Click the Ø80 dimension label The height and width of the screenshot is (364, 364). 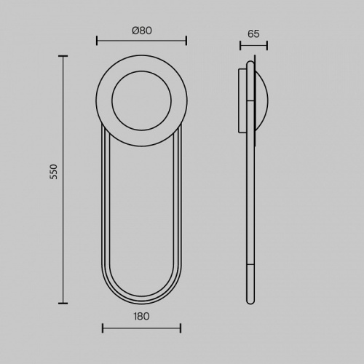pos(142,31)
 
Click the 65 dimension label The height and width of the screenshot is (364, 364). pos(253,33)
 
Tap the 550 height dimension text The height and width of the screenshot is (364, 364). pos(54,172)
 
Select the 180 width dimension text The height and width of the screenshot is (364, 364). pos(141,317)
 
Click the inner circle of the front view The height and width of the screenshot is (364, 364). pos(141,71)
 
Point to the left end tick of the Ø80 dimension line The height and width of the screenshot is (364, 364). pos(97,41)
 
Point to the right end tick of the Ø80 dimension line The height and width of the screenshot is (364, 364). pos(186,41)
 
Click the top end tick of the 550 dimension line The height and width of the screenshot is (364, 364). pos(63,56)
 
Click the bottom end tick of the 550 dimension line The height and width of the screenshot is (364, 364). pos(63,303)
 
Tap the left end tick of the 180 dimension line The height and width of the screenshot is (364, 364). pos(103,328)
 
